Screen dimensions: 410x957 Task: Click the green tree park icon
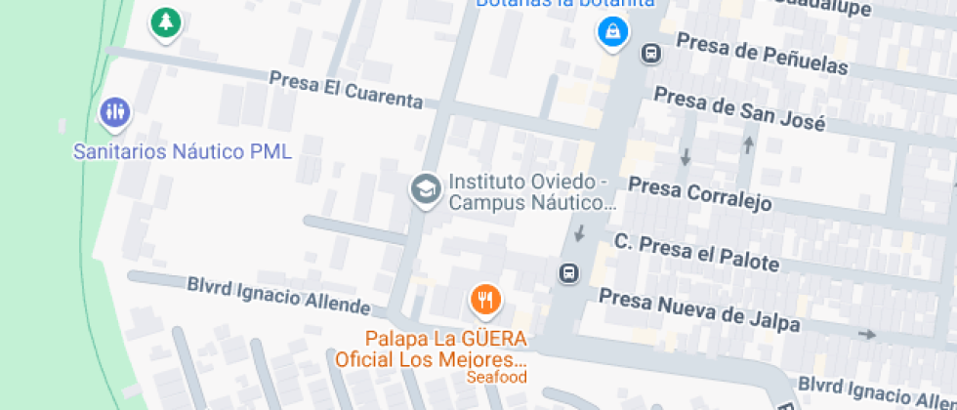point(167,21)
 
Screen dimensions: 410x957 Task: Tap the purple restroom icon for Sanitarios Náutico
point(115,112)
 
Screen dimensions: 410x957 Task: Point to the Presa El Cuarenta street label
point(346,90)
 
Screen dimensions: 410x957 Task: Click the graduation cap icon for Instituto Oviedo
point(425,188)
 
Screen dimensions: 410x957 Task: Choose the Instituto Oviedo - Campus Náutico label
point(532,193)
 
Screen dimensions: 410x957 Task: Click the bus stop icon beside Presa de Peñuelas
point(649,54)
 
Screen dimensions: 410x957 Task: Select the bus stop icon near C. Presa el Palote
point(568,273)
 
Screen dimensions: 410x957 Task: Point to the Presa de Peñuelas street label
point(762,55)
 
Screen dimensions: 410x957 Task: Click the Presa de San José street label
point(739,109)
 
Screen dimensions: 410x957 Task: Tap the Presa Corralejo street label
point(699,193)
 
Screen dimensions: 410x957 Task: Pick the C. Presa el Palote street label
point(696,252)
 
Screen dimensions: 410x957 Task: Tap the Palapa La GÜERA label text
point(446,340)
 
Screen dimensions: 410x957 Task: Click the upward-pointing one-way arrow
point(749,144)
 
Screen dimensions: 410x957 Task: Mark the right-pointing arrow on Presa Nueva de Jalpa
point(866,335)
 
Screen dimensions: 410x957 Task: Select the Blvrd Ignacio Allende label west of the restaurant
point(278,296)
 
